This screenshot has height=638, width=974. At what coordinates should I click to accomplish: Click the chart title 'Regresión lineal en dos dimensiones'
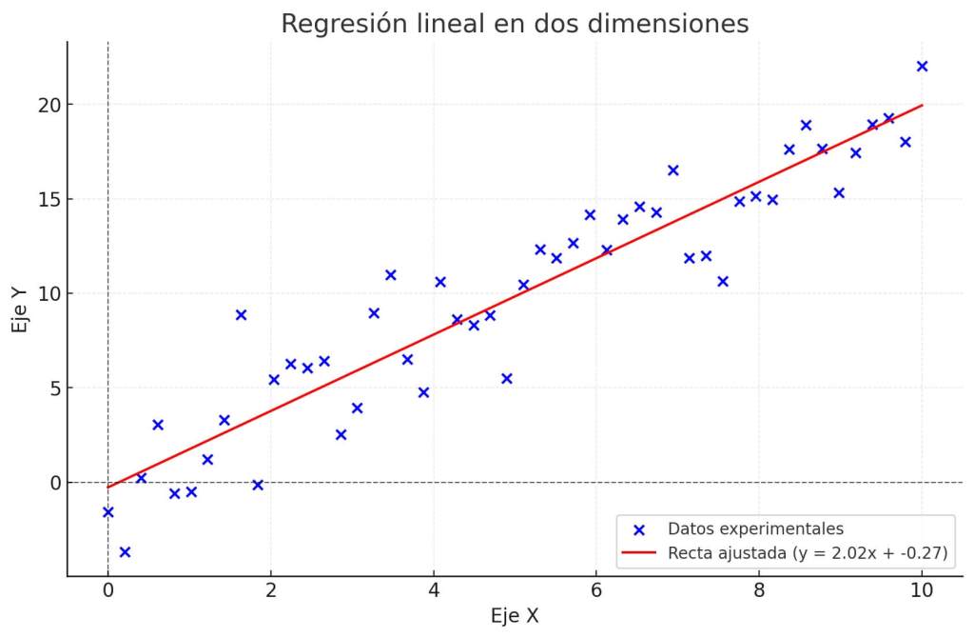(515, 23)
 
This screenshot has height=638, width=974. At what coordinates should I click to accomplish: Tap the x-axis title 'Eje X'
(515, 616)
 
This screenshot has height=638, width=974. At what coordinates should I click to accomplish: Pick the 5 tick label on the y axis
(51, 389)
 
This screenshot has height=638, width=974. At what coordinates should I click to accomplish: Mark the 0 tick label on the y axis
(51, 483)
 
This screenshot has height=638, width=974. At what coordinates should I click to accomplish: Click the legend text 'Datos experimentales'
(755, 528)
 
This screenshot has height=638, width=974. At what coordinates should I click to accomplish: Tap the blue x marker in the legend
(639, 529)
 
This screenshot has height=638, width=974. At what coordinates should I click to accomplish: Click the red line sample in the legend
(639, 553)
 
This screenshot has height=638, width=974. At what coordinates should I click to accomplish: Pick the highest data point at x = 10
(922, 67)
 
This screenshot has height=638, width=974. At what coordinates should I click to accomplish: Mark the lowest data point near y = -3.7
(125, 552)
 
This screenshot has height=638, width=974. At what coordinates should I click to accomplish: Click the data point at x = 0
(107, 512)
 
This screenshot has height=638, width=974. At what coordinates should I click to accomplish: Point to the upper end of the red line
(922, 105)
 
